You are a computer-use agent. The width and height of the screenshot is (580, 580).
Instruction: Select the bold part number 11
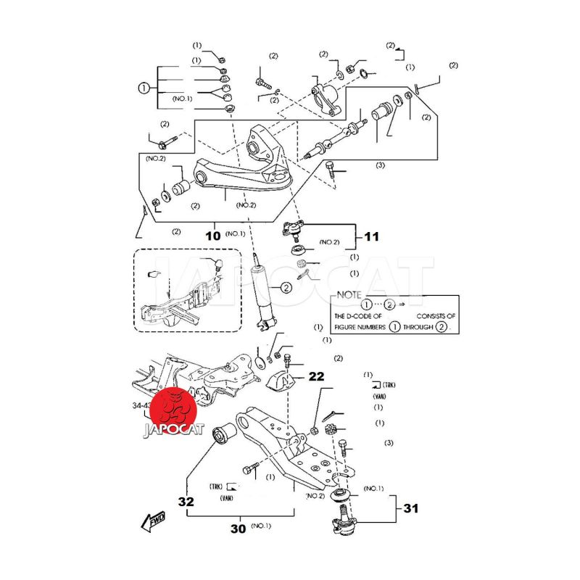(370, 236)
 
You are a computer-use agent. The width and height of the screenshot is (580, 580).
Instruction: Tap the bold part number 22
(317, 376)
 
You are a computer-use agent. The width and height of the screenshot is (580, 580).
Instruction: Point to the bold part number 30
(238, 529)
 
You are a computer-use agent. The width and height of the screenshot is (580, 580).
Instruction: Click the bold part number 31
(411, 509)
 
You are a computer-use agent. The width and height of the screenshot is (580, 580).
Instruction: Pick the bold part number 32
(187, 500)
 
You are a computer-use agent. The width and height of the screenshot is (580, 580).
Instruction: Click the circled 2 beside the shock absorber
(286, 288)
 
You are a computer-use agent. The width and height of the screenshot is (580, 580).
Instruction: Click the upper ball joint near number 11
(293, 231)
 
